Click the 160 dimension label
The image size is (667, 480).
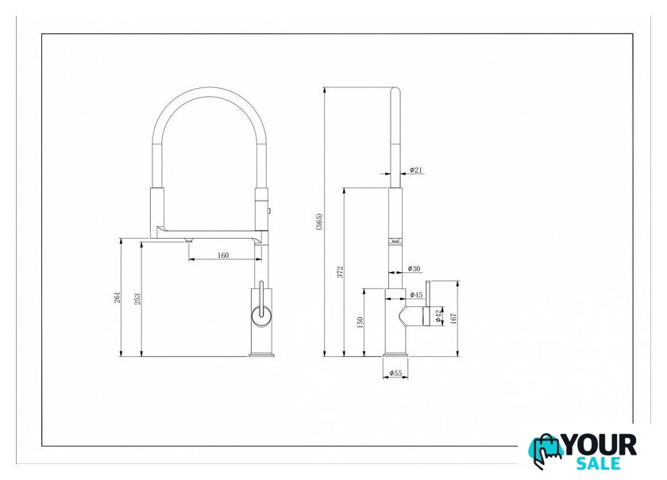(x=223, y=255)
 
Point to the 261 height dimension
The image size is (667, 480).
(x=117, y=298)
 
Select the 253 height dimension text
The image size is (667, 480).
(x=137, y=299)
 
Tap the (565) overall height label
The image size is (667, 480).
(x=319, y=221)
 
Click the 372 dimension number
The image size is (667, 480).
(x=341, y=272)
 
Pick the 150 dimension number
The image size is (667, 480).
(x=360, y=322)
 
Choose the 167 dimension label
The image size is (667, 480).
(x=453, y=318)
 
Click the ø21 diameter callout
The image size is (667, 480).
(x=416, y=170)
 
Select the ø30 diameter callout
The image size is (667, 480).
(x=414, y=269)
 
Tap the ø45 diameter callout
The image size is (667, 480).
(x=416, y=294)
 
